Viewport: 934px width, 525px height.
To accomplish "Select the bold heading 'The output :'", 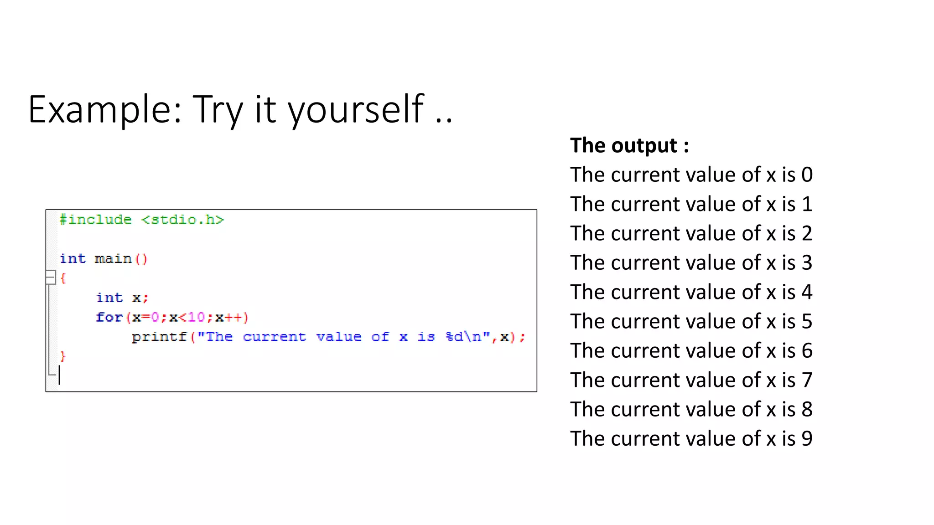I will point(629,146).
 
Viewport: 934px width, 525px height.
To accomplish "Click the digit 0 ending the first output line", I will point(807,175).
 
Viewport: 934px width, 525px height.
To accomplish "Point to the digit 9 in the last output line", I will point(807,439).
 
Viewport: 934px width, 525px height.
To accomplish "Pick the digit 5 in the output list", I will point(807,322).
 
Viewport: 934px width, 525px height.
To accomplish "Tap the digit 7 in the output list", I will point(807,380).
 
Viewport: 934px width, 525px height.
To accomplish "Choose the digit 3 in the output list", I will point(807,263).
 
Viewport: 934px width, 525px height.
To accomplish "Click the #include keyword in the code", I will point(95,220).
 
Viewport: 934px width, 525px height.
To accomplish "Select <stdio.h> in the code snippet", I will point(182,220).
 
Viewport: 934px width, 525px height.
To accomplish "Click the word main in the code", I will point(113,259).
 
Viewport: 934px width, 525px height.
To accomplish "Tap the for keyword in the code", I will point(109,317).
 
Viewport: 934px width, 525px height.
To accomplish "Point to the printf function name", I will point(160,337).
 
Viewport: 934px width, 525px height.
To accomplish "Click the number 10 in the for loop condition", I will point(196,317).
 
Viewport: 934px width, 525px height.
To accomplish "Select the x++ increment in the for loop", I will point(228,317).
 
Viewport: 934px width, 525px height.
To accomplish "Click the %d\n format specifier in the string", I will point(463,337).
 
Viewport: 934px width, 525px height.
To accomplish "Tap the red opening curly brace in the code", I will point(63,278).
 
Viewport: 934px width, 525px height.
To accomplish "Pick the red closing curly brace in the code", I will point(63,356).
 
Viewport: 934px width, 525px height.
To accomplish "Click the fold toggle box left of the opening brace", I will point(50,278).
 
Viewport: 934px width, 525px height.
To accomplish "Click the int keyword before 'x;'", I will point(109,298).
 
